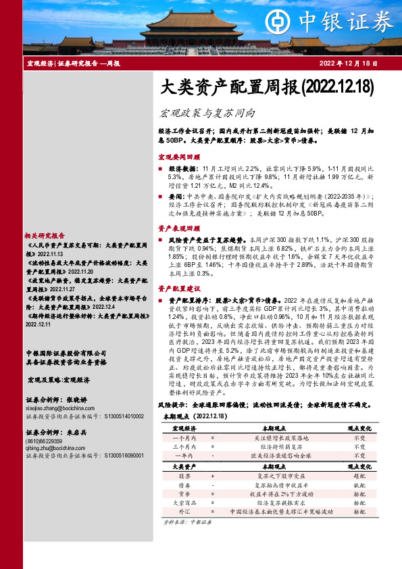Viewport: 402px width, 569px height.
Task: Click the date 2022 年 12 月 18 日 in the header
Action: (x=347, y=64)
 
